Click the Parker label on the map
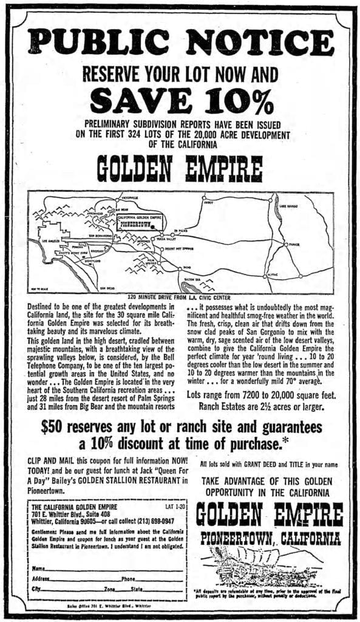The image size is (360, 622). point(294,245)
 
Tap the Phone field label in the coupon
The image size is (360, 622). point(129,578)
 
